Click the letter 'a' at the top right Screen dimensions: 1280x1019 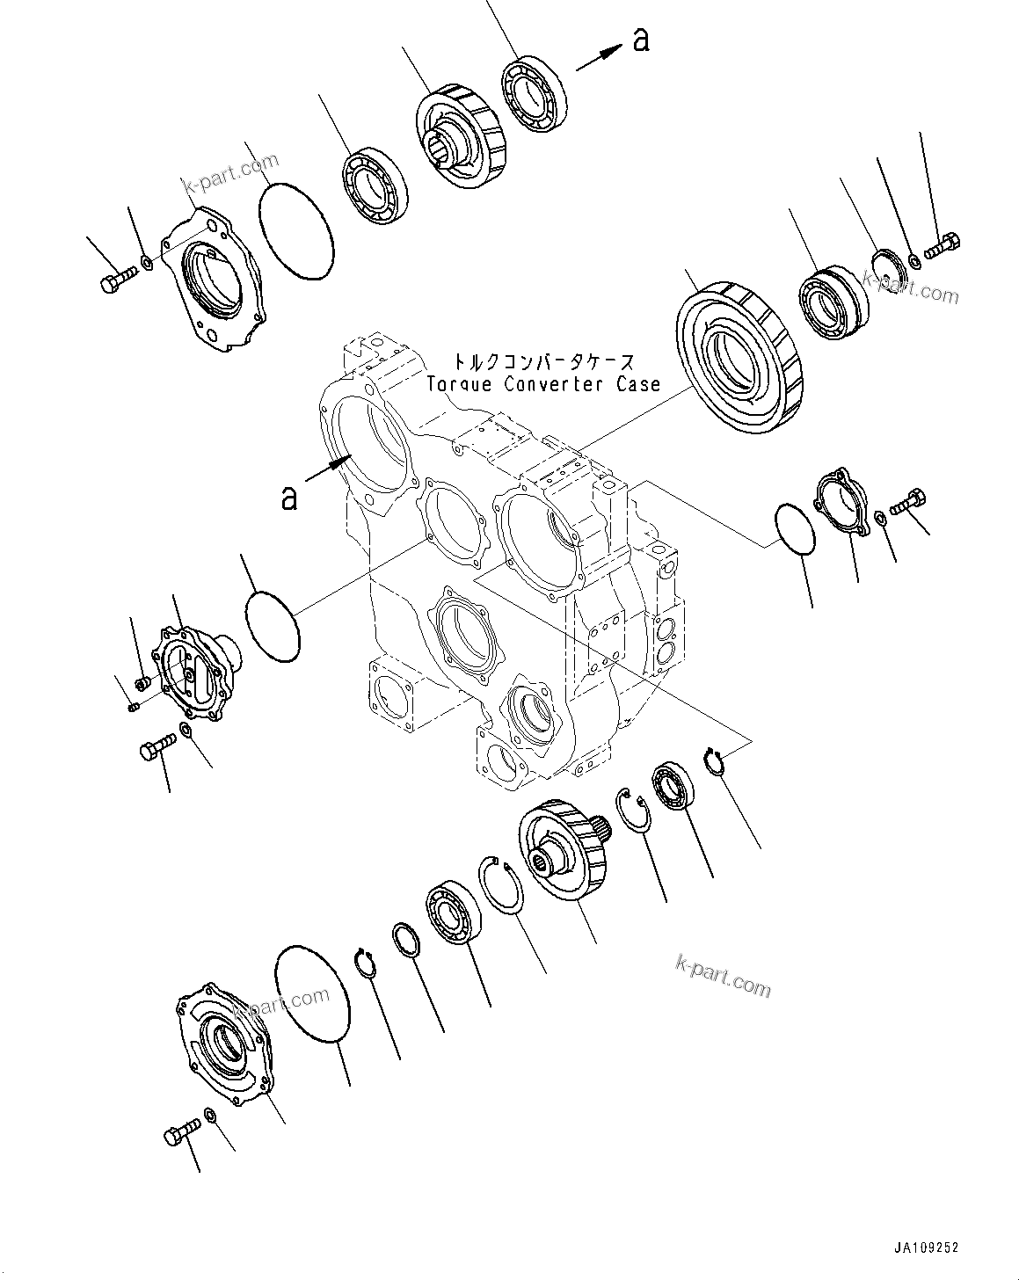(641, 40)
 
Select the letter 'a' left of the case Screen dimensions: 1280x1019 (289, 498)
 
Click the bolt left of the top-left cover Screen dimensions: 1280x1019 (116, 282)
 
